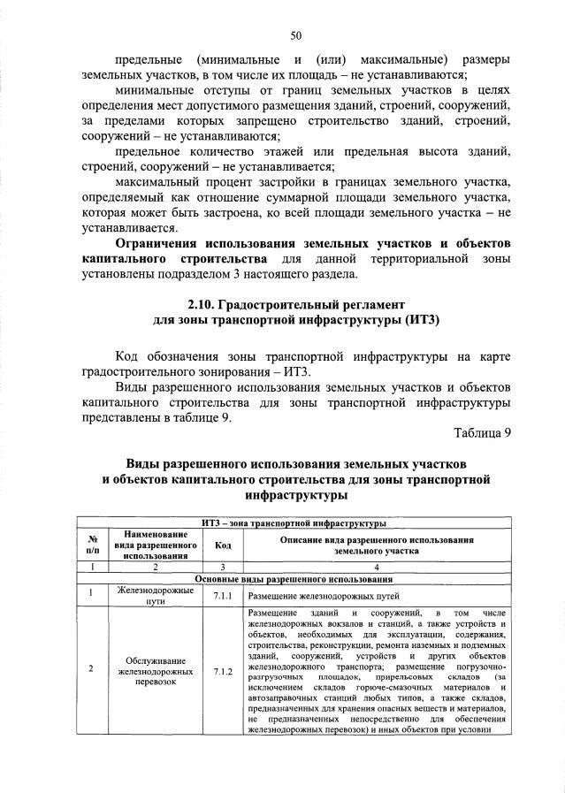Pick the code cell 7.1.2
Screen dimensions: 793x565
click(x=223, y=670)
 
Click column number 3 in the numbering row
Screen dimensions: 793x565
click(x=223, y=566)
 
